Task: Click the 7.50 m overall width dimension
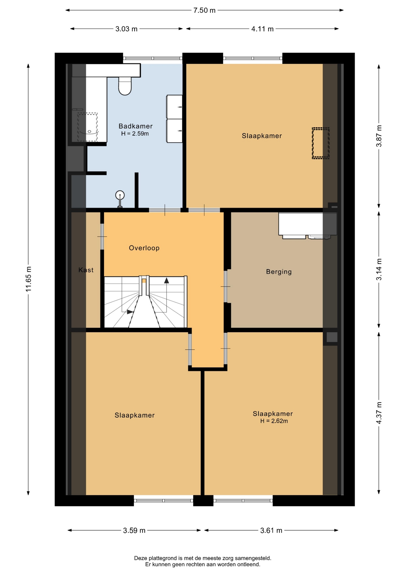[204, 10]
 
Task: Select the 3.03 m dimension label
[126, 29]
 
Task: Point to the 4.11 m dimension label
[262, 29]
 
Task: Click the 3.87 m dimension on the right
[379, 136]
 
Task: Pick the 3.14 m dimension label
[379, 269]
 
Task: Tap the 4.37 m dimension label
[379, 413]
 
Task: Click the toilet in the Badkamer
[125, 86]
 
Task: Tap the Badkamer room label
[135, 126]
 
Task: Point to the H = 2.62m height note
[274, 421]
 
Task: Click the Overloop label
[144, 248]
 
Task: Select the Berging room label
[279, 272]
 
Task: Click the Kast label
[86, 270]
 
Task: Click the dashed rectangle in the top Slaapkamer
[321, 143]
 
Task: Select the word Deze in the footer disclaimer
[141, 558]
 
